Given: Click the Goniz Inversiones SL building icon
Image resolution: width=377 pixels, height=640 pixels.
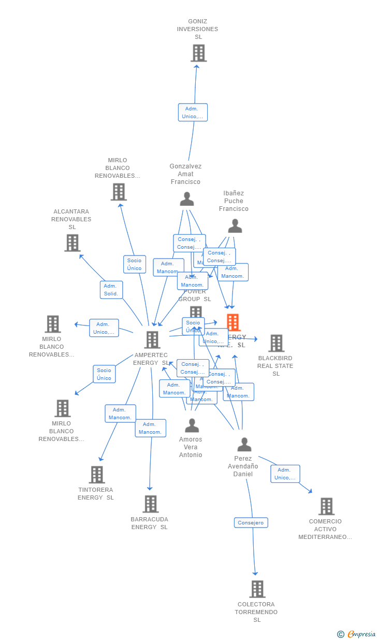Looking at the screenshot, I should click(x=198, y=53).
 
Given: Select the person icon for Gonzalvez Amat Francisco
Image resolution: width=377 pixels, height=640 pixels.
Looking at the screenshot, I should click(x=186, y=199).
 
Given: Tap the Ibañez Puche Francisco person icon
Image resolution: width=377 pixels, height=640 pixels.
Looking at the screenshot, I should click(x=235, y=226).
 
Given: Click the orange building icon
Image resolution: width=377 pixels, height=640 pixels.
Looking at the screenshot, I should click(x=233, y=322).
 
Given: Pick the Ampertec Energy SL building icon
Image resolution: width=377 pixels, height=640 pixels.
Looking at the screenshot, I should click(x=152, y=340).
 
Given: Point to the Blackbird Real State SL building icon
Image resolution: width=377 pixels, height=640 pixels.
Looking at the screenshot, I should click(x=276, y=343).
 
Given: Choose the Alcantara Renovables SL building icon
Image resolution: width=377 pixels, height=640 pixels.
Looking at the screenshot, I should click(x=72, y=243).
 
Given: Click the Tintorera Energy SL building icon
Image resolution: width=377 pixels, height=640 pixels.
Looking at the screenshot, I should click(x=97, y=475).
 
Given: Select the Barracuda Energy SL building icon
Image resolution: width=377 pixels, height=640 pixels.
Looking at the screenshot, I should click(x=150, y=504).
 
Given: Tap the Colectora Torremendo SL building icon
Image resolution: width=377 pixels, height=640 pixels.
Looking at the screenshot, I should click(x=257, y=589).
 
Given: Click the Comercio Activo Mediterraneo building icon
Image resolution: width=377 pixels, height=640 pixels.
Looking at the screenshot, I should click(x=326, y=506).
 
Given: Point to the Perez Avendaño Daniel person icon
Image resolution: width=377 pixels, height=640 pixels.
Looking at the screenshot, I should click(x=244, y=445).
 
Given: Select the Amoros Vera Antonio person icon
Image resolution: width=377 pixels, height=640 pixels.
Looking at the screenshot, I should click(x=192, y=426).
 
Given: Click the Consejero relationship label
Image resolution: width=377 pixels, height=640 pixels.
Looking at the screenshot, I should click(x=251, y=522).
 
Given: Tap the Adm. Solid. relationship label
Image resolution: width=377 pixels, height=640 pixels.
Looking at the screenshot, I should click(x=111, y=290).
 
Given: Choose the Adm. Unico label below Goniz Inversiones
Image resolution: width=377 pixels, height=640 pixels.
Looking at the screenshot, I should click(x=193, y=112).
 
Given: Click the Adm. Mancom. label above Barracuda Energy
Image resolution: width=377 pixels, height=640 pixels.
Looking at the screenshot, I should click(x=150, y=428).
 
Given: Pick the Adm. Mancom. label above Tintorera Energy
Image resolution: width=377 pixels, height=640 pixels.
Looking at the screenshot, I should click(x=120, y=414).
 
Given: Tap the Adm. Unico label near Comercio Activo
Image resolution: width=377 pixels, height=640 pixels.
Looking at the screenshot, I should click(x=285, y=474).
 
